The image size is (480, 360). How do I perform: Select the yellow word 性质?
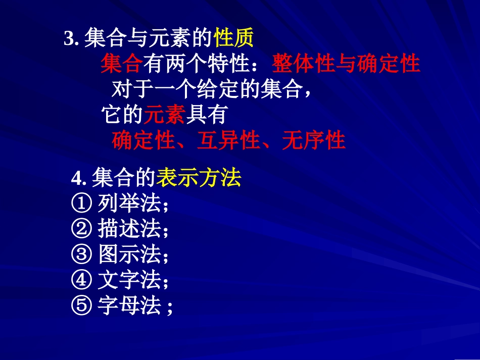[233, 38]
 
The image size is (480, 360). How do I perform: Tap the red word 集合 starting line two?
[121, 64]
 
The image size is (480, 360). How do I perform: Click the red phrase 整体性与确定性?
[346, 64]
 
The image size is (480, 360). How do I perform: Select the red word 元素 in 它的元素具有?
[165, 116]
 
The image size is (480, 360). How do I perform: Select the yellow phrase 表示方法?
[199, 178]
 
